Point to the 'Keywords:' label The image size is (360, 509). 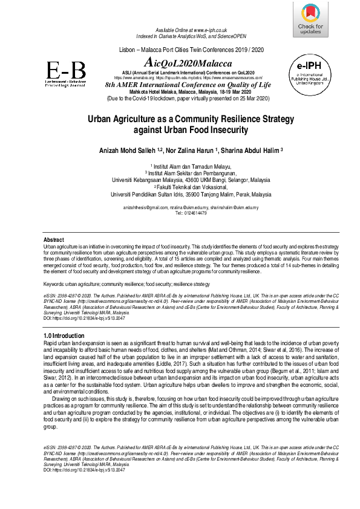click(x=56, y=284)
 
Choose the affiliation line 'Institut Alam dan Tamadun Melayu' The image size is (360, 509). click(x=183, y=165)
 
